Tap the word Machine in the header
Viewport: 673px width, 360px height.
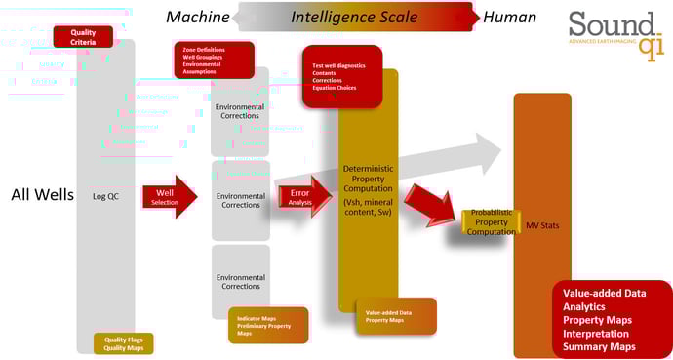point(198,16)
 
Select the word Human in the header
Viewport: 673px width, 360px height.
point(510,16)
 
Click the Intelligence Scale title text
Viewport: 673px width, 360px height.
point(355,16)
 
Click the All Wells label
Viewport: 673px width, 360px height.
point(42,194)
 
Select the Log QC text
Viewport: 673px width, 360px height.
point(104,194)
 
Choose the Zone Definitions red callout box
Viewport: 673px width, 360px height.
point(213,60)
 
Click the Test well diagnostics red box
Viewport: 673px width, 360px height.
point(340,75)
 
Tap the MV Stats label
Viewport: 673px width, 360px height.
point(541,226)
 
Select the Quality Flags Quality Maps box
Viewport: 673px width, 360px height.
point(123,343)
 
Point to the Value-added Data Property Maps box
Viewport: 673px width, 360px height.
point(395,316)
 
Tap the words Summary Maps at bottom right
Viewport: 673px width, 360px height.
point(599,346)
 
